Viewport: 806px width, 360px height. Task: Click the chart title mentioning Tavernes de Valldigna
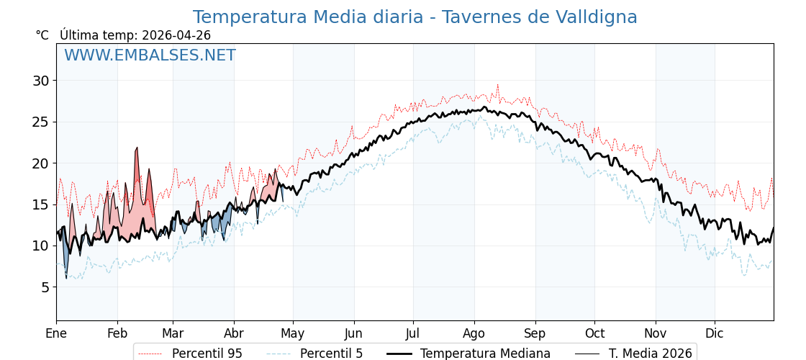point(415,17)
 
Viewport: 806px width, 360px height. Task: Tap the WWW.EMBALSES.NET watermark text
point(150,55)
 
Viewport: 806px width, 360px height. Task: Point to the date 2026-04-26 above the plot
point(176,35)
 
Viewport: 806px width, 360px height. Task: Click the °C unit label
point(42,35)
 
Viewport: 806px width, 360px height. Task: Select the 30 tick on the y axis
point(40,81)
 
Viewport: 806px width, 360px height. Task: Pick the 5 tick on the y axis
point(45,287)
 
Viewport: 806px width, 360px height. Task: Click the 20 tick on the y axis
point(40,163)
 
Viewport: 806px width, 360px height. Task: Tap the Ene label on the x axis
point(56,334)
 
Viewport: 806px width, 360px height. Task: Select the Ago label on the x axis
point(474,334)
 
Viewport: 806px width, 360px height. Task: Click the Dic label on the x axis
point(715,334)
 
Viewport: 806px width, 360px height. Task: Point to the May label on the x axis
point(293,334)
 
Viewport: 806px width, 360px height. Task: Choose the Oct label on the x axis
point(594,334)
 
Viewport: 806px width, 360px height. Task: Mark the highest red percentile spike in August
point(497,85)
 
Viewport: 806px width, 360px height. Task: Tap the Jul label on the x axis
point(413,334)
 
